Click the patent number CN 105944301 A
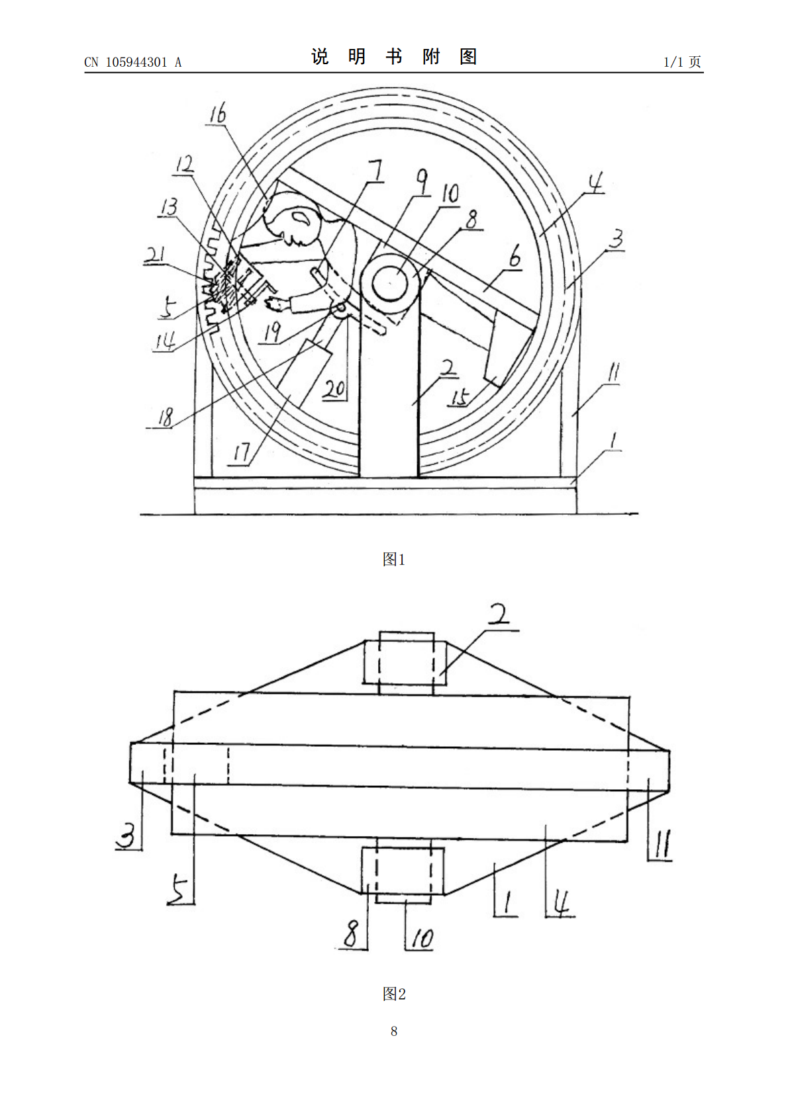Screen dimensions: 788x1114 coord(132,62)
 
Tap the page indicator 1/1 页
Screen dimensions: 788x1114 coord(682,62)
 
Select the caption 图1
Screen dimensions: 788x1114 coord(394,560)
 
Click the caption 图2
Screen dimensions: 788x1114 coord(394,994)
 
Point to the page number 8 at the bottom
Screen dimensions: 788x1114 coord(394,1031)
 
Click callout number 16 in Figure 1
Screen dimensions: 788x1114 coord(218,113)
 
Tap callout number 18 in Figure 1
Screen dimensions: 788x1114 coord(166,417)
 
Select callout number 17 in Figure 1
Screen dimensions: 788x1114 coord(242,454)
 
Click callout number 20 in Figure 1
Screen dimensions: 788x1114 coord(334,388)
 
